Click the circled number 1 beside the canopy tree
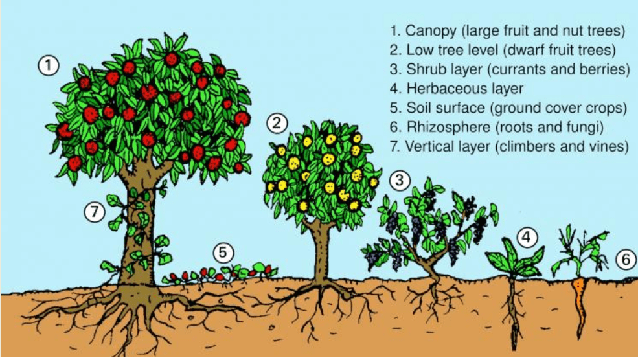[49, 65]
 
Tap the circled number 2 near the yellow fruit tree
[277, 122]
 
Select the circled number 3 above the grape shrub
[400, 180]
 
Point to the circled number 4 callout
[527, 238]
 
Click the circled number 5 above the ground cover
[223, 253]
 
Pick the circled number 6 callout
[623, 260]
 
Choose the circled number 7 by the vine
[95, 212]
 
